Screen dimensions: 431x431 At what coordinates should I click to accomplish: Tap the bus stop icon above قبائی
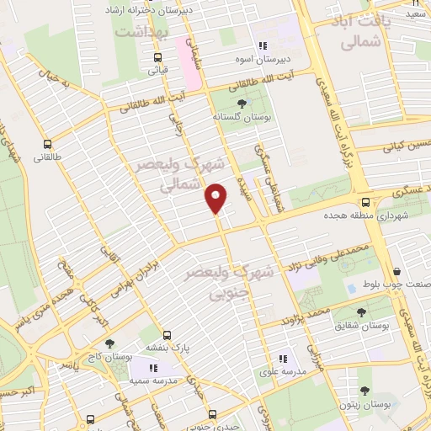pyautogui.click(x=157, y=57)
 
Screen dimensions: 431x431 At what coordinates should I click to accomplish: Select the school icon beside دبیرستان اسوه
pyautogui.click(x=263, y=46)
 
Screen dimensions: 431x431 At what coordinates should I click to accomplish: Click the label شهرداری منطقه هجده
pyautogui.click(x=370, y=215)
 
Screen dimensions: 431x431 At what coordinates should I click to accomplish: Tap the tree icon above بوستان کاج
pyautogui.click(x=109, y=343)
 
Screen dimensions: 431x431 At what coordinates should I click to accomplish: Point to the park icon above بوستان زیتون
pyautogui.click(x=364, y=391)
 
